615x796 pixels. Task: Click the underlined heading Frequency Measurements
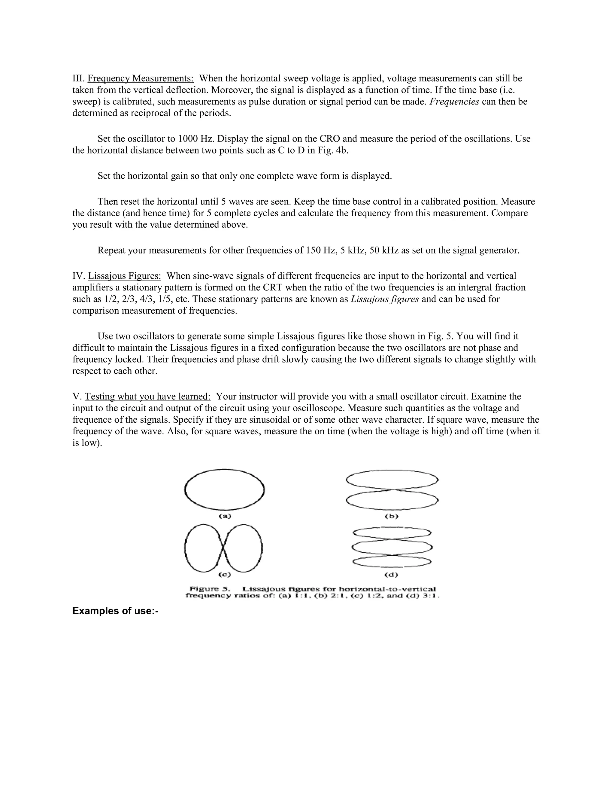click(x=140, y=78)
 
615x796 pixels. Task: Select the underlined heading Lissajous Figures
click(x=124, y=276)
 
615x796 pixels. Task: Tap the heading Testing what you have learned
click(x=147, y=396)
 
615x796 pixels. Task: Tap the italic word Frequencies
click(x=454, y=102)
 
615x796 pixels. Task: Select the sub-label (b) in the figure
click(x=392, y=516)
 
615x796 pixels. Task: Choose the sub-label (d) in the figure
click(x=392, y=575)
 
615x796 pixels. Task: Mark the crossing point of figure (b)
click(x=392, y=490)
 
